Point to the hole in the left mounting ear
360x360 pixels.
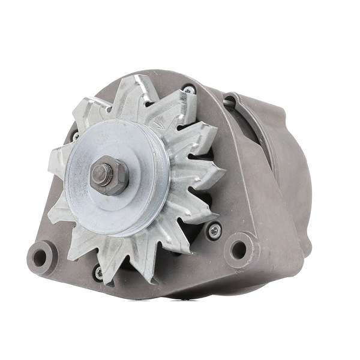tap(40, 257)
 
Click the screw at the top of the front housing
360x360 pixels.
tap(189, 91)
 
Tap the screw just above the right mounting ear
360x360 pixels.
tap(213, 229)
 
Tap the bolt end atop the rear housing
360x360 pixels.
tap(229, 101)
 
